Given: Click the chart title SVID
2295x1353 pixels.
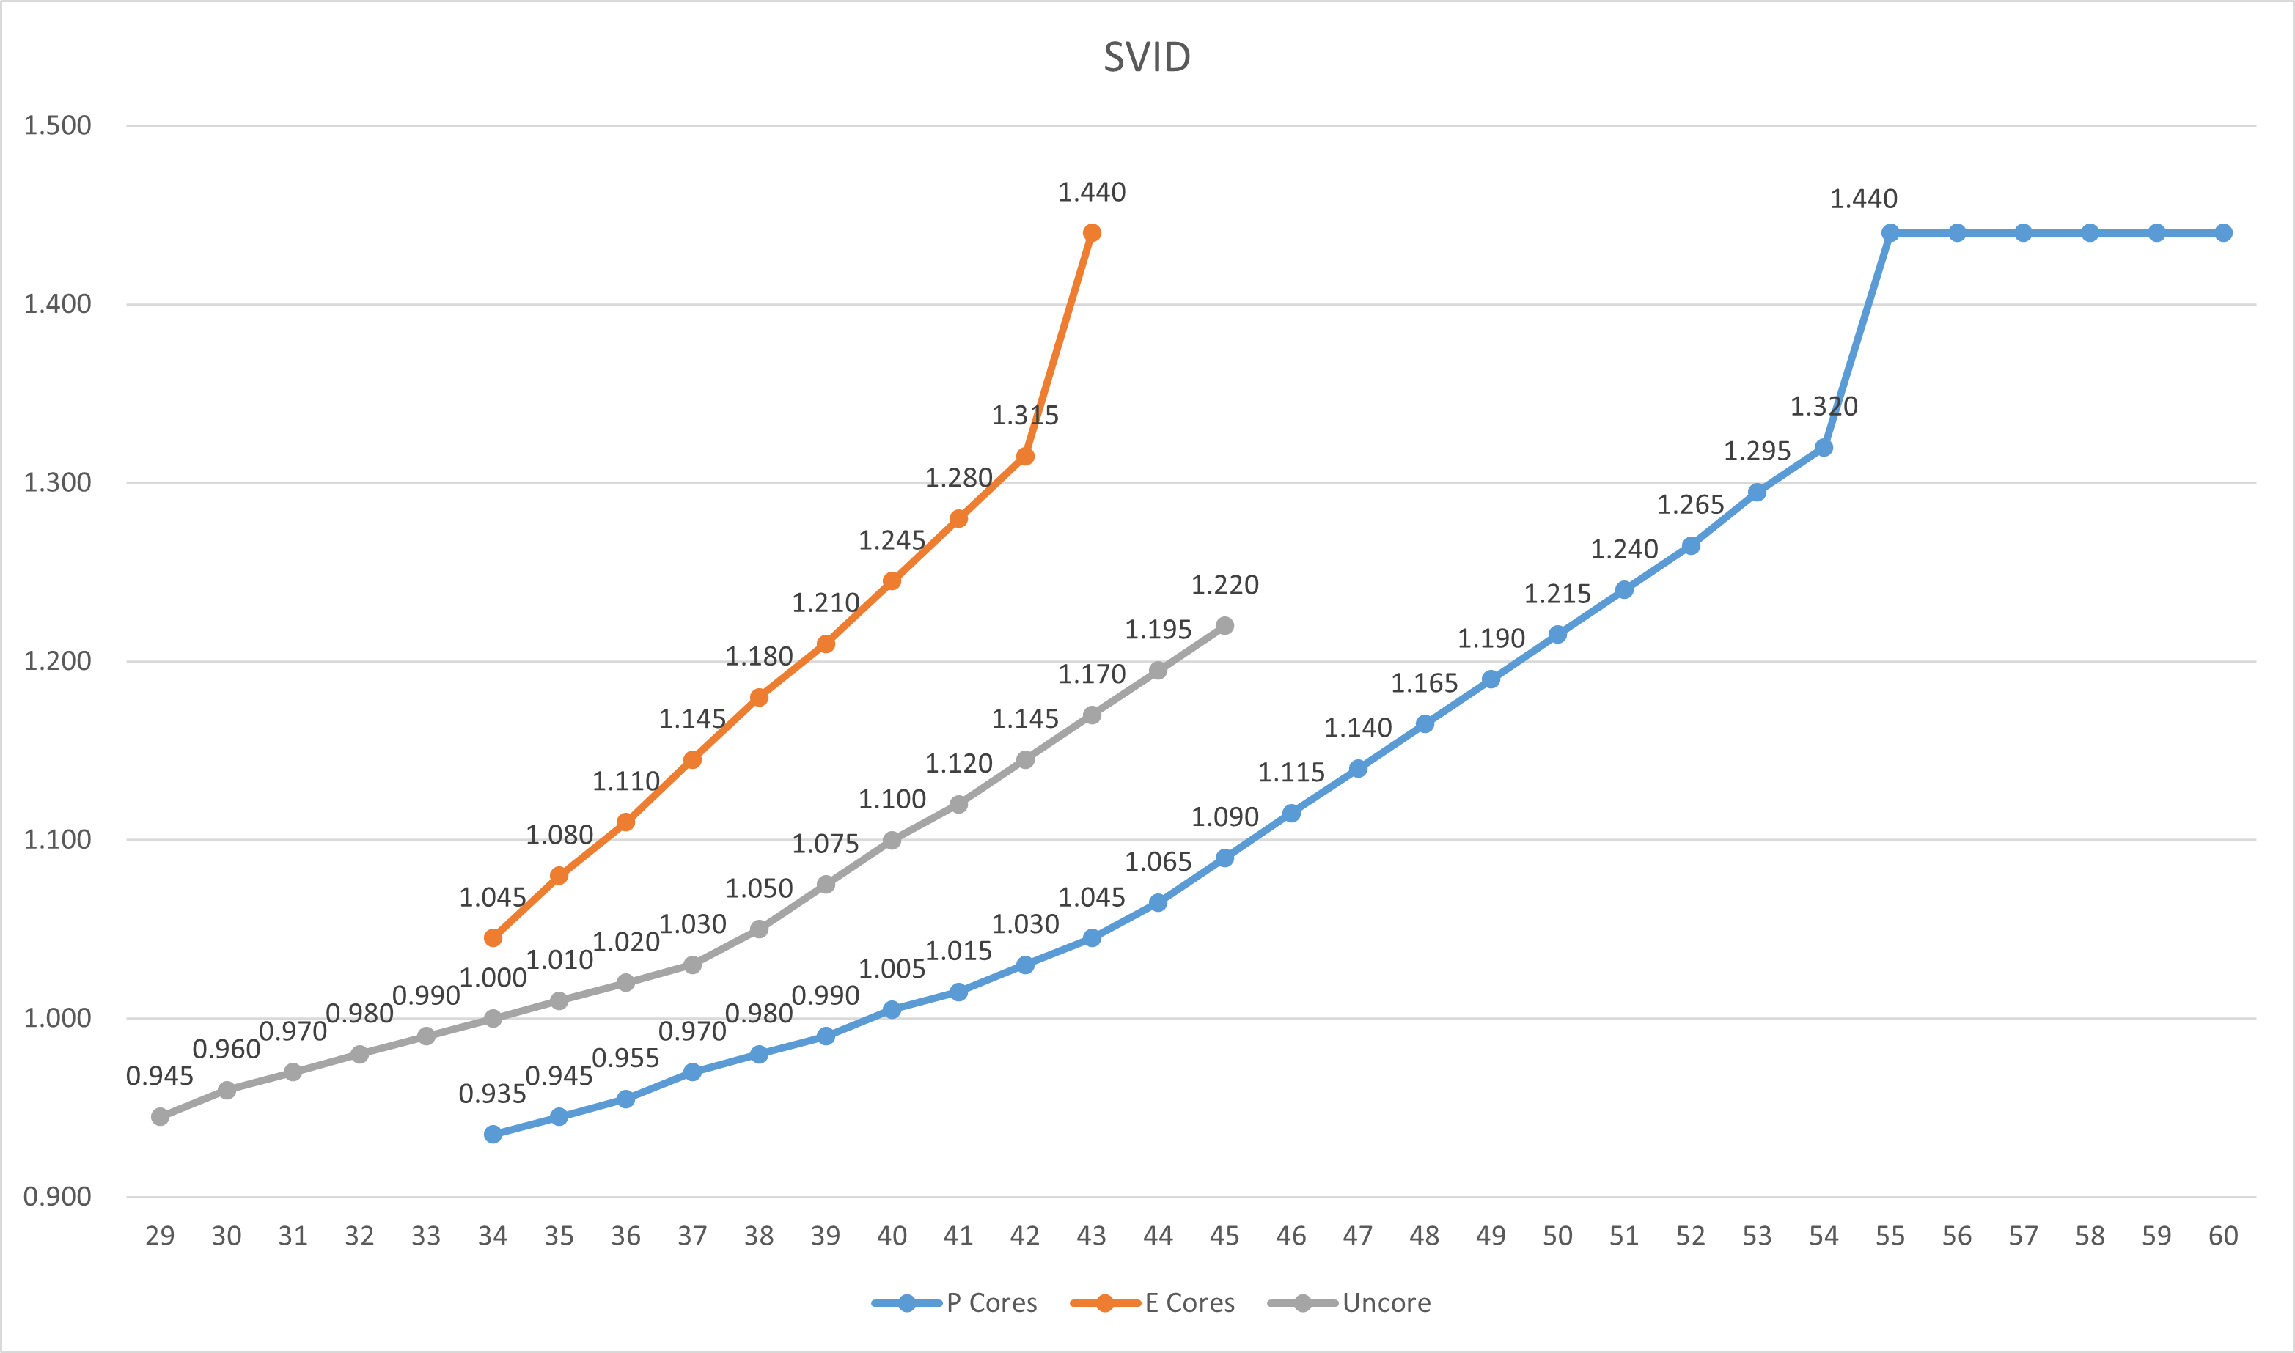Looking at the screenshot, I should tap(1146, 57).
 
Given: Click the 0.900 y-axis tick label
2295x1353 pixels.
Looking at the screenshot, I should tap(57, 1196).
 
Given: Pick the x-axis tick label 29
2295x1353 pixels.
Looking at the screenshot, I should tap(160, 1236).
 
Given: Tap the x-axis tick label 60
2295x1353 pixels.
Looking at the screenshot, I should tap(2223, 1236).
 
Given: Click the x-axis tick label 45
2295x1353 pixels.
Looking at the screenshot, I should tap(1224, 1236).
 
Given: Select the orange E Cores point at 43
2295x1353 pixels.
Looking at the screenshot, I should tap(1092, 232).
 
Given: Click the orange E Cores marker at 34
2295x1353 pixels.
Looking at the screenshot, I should tap(493, 937).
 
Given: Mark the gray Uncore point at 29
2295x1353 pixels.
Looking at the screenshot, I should tap(160, 1116).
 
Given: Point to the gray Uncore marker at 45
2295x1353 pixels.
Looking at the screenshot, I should tap(1224, 625).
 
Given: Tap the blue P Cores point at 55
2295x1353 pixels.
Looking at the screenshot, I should tap(1890, 232).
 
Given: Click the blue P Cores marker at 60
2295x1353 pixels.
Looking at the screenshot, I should tap(2223, 232).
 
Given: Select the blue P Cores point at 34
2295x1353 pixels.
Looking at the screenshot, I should tap(493, 1134).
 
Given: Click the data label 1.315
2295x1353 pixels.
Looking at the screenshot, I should tap(1025, 416).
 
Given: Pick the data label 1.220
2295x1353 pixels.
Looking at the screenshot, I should tap(1224, 586).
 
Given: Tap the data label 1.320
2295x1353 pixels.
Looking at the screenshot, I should tap(1824, 407).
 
